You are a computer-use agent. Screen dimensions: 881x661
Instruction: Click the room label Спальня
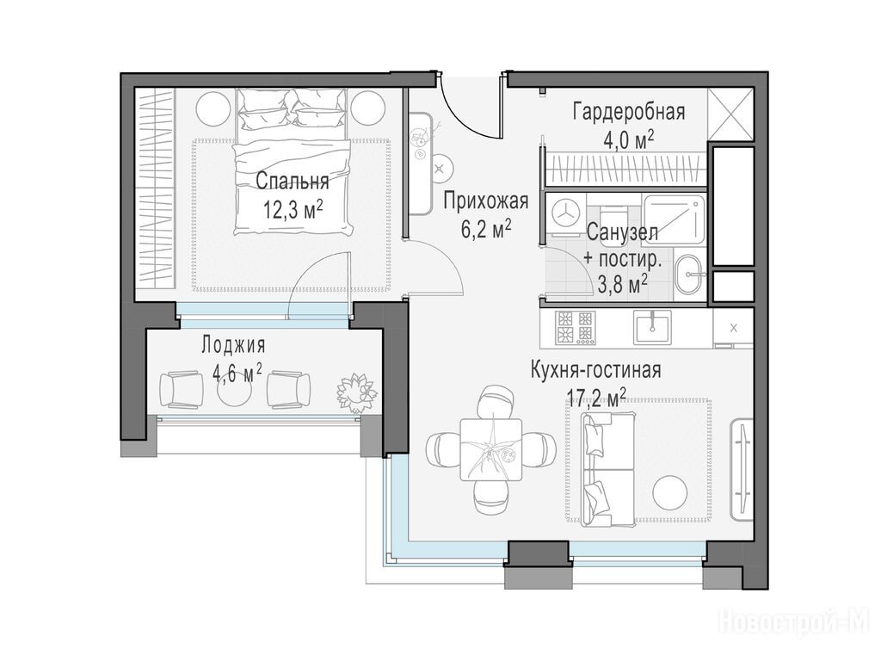[293, 182]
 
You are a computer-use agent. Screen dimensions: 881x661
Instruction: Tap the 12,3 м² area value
[293, 211]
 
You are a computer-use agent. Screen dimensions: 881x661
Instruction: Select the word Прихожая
[486, 201]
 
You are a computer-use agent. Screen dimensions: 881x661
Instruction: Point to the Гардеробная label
[629, 111]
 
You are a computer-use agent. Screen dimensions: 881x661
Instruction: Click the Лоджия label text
[234, 345]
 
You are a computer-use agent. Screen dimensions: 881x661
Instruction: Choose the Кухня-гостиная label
[596, 371]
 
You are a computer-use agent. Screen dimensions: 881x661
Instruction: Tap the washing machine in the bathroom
[564, 215]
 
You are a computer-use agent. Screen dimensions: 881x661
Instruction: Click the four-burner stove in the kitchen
[575, 328]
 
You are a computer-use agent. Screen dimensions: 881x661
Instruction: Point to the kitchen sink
[652, 327]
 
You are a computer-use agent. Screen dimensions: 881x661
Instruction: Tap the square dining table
[490, 449]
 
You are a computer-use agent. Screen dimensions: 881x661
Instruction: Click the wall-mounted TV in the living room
[742, 470]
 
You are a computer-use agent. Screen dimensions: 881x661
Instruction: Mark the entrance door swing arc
[461, 119]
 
